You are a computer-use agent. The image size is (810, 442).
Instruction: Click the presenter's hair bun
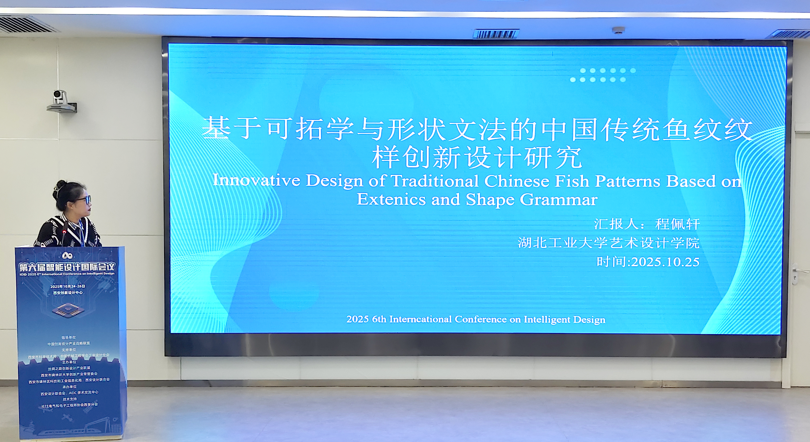(x=61, y=184)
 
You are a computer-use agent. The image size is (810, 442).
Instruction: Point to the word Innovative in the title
(x=256, y=181)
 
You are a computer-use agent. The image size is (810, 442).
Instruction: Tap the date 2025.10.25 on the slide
(x=665, y=262)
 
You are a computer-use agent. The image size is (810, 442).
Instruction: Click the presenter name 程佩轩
(x=677, y=224)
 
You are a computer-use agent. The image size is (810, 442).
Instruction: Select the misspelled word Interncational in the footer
(x=420, y=320)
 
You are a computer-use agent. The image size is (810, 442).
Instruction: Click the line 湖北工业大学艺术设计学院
(x=609, y=243)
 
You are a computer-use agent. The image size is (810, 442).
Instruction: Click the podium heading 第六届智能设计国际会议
(x=67, y=267)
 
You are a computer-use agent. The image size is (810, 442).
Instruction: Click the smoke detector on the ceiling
(x=618, y=30)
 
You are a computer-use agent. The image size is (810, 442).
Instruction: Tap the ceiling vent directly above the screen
(x=496, y=34)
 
